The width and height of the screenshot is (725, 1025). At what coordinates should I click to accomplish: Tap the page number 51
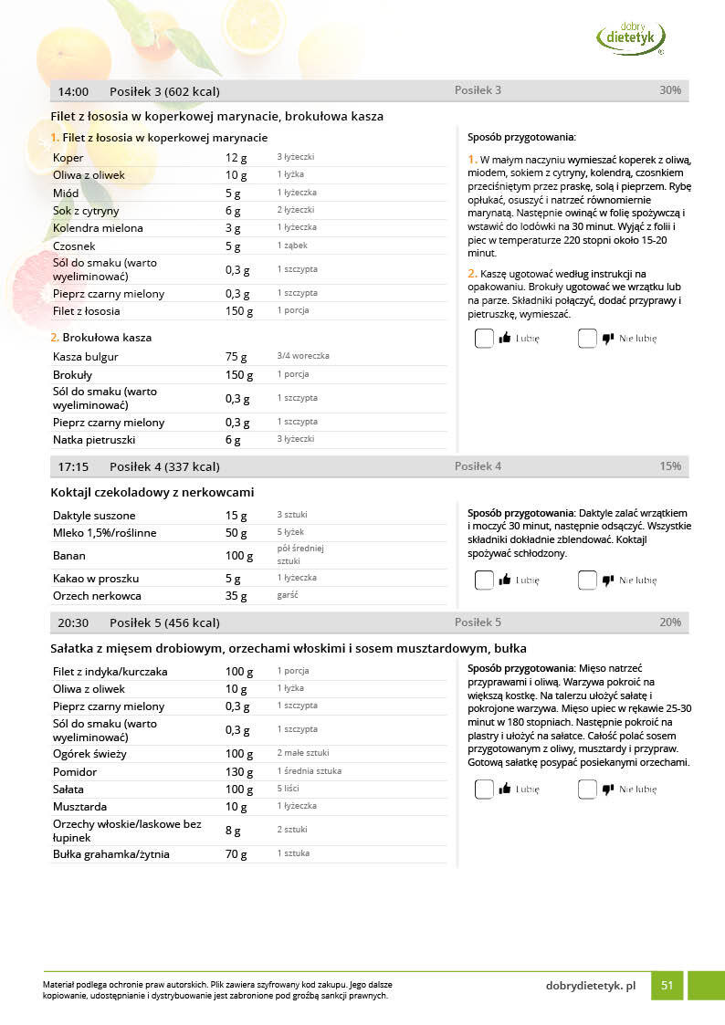(x=667, y=985)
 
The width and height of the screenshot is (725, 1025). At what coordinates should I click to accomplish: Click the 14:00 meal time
(x=73, y=91)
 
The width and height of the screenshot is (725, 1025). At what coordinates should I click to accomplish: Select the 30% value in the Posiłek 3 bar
(x=669, y=90)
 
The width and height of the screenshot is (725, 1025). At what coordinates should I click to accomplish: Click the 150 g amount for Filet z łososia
(x=239, y=311)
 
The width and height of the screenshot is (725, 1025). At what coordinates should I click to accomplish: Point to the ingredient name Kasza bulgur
(x=83, y=357)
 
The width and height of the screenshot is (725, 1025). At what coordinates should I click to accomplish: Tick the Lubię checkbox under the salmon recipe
(x=484, y=339)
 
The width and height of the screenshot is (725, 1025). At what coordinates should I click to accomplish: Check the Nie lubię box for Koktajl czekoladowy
(x=587, y=580)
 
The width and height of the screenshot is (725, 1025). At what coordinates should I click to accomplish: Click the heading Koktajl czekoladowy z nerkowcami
(x=152, y=492)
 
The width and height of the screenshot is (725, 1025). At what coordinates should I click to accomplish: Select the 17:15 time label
(x=73, y=466)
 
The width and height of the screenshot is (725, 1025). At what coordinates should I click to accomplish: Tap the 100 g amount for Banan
(x=239, y=556)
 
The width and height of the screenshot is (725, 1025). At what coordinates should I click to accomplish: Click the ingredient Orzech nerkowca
(x=98, y=596)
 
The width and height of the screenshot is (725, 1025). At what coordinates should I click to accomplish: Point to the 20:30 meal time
(x=73, y=622)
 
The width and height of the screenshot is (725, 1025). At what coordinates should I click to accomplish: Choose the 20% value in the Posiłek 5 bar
(x=669, y=622)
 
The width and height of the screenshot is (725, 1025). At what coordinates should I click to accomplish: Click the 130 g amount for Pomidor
(x=239, y=771)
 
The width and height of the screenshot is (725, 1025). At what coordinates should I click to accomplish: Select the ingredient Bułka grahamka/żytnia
(x=111, y=854)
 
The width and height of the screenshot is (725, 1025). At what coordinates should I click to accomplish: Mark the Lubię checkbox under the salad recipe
(x=484, y=790)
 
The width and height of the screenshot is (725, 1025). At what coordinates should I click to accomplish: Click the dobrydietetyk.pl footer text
(x=590, y=986)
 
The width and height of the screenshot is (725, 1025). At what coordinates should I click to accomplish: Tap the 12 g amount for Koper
(x=236, y=158)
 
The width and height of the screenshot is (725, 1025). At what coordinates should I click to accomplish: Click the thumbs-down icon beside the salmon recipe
(x=608, y=339)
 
